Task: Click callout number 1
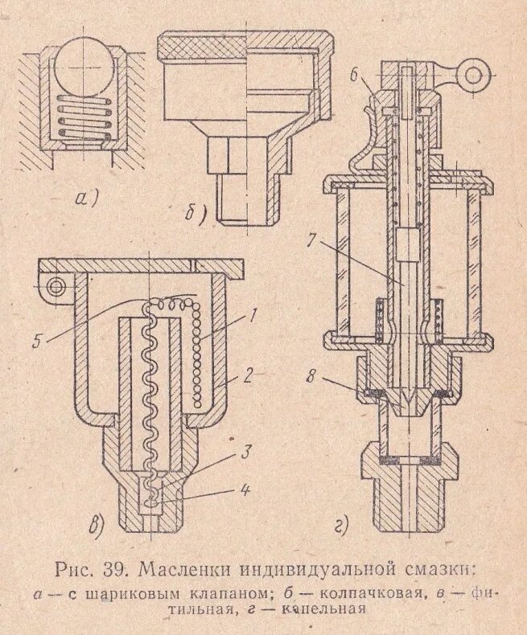(252, 315)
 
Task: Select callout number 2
(252, 375)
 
